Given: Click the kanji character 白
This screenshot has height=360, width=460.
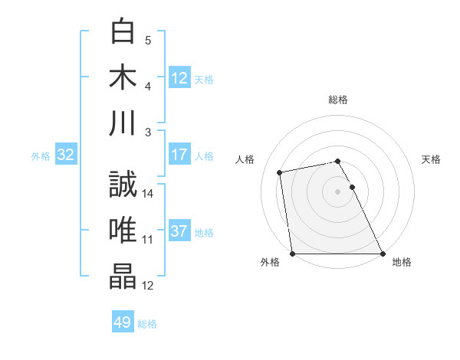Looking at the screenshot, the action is point(124,31).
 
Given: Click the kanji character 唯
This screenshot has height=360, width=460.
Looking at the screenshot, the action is point(124,231).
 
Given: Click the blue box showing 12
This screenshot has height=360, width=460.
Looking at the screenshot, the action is point(179,77).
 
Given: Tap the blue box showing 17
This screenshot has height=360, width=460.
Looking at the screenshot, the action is point(179,155).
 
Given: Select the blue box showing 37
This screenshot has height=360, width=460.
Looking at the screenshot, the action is point(179,232).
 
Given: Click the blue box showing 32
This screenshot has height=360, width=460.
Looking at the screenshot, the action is point(66,155).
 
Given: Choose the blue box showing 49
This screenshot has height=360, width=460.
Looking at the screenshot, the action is point(123,322).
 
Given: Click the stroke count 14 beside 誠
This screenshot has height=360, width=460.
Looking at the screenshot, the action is point(149,194).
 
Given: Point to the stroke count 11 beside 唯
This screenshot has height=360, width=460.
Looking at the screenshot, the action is point(148,240).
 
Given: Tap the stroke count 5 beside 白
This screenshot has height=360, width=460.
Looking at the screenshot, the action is point(148,40).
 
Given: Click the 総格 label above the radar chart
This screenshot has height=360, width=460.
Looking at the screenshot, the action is point(338,100).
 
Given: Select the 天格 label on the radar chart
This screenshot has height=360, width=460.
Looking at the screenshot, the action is point(432,159).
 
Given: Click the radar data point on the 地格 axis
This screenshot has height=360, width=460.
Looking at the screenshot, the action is point(383,254).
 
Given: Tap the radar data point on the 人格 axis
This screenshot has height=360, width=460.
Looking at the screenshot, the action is point(281,172).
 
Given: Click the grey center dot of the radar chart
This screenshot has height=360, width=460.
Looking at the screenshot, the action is point(337,191).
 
